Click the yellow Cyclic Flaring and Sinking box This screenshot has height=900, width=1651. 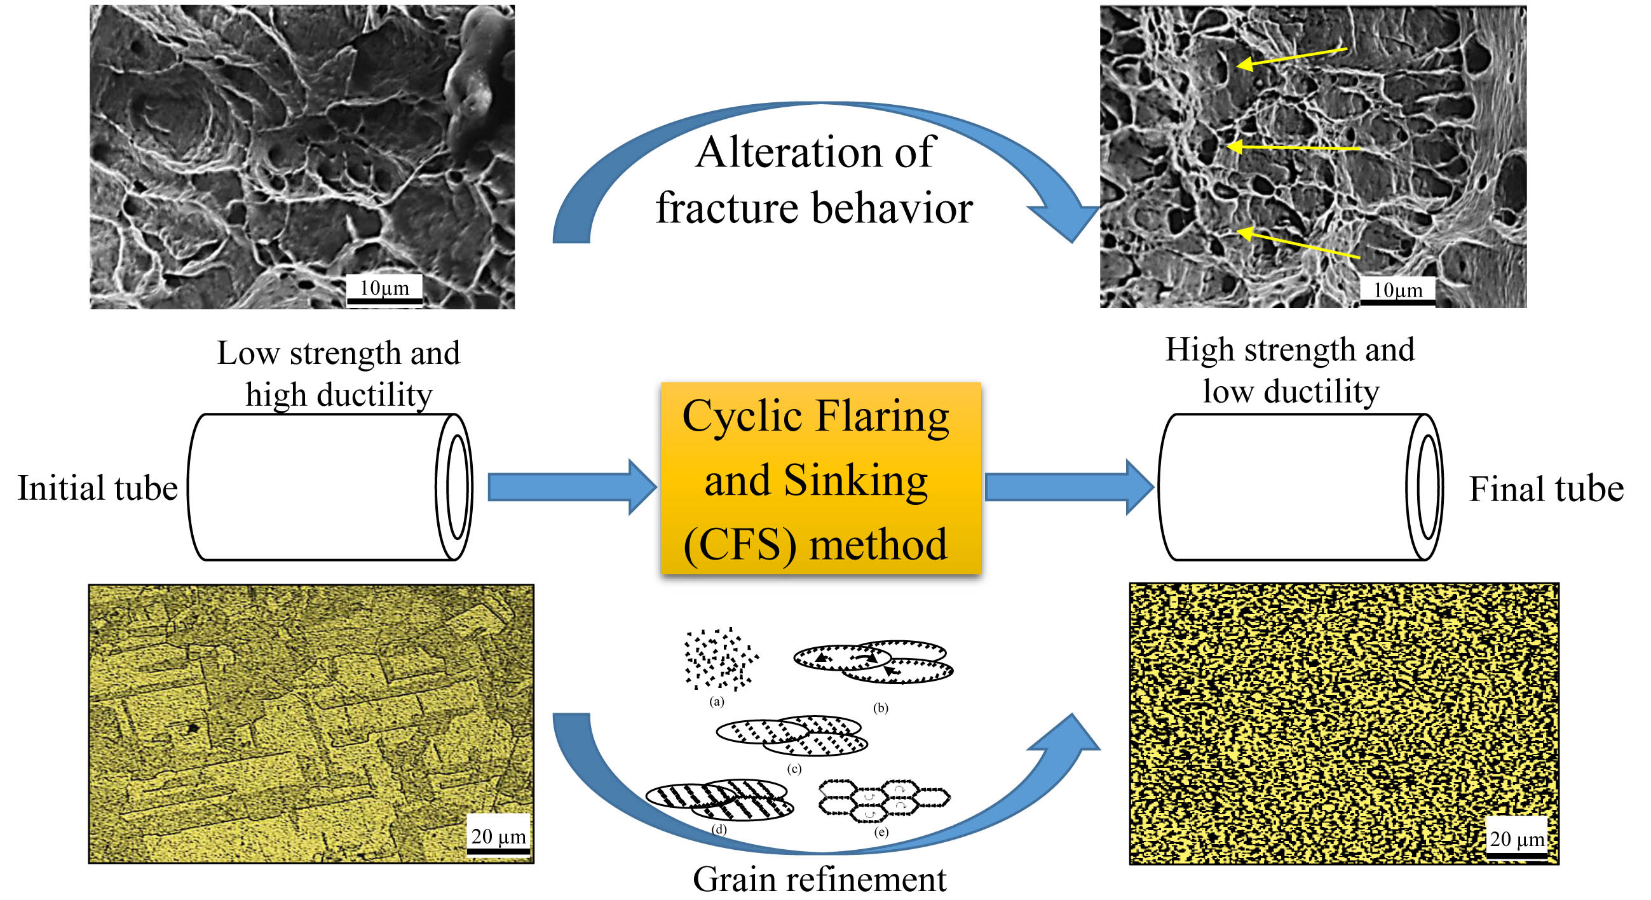820,478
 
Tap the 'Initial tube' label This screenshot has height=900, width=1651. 97,488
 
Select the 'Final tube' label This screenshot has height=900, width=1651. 1546,490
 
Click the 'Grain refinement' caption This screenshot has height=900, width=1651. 819,880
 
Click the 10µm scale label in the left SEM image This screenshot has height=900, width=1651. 384,288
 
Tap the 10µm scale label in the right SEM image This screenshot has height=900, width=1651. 1397,290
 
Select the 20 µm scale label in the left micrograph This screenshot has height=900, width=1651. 498,836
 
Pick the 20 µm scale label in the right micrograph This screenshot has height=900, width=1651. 1516,838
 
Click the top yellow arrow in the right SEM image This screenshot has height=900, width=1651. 1291,57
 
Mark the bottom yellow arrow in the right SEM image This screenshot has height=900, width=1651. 1298,244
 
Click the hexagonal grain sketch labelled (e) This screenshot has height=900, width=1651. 884,800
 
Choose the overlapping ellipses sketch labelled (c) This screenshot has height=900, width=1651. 792,735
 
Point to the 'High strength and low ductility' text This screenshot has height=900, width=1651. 1289,370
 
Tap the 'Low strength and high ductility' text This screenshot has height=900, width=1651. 339,373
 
